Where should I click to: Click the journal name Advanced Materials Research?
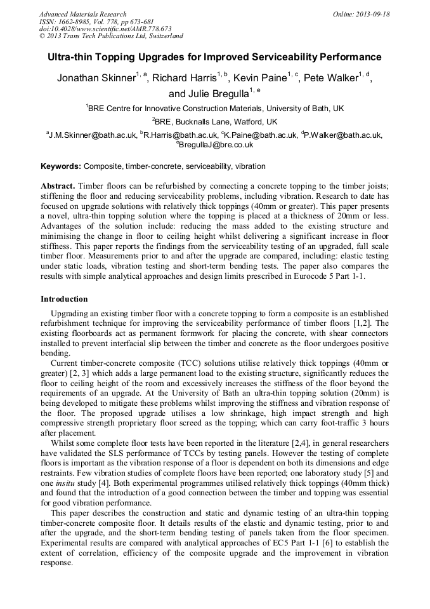click(82, 14)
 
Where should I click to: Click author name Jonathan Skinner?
click(94, 79)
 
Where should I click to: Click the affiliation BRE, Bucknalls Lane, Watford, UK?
click(215, 121)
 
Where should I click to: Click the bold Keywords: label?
click(61, 166)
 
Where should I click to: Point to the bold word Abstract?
click(58, 185)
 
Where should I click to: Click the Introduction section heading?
click(64, 299)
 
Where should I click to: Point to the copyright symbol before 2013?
click(42, 36)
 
